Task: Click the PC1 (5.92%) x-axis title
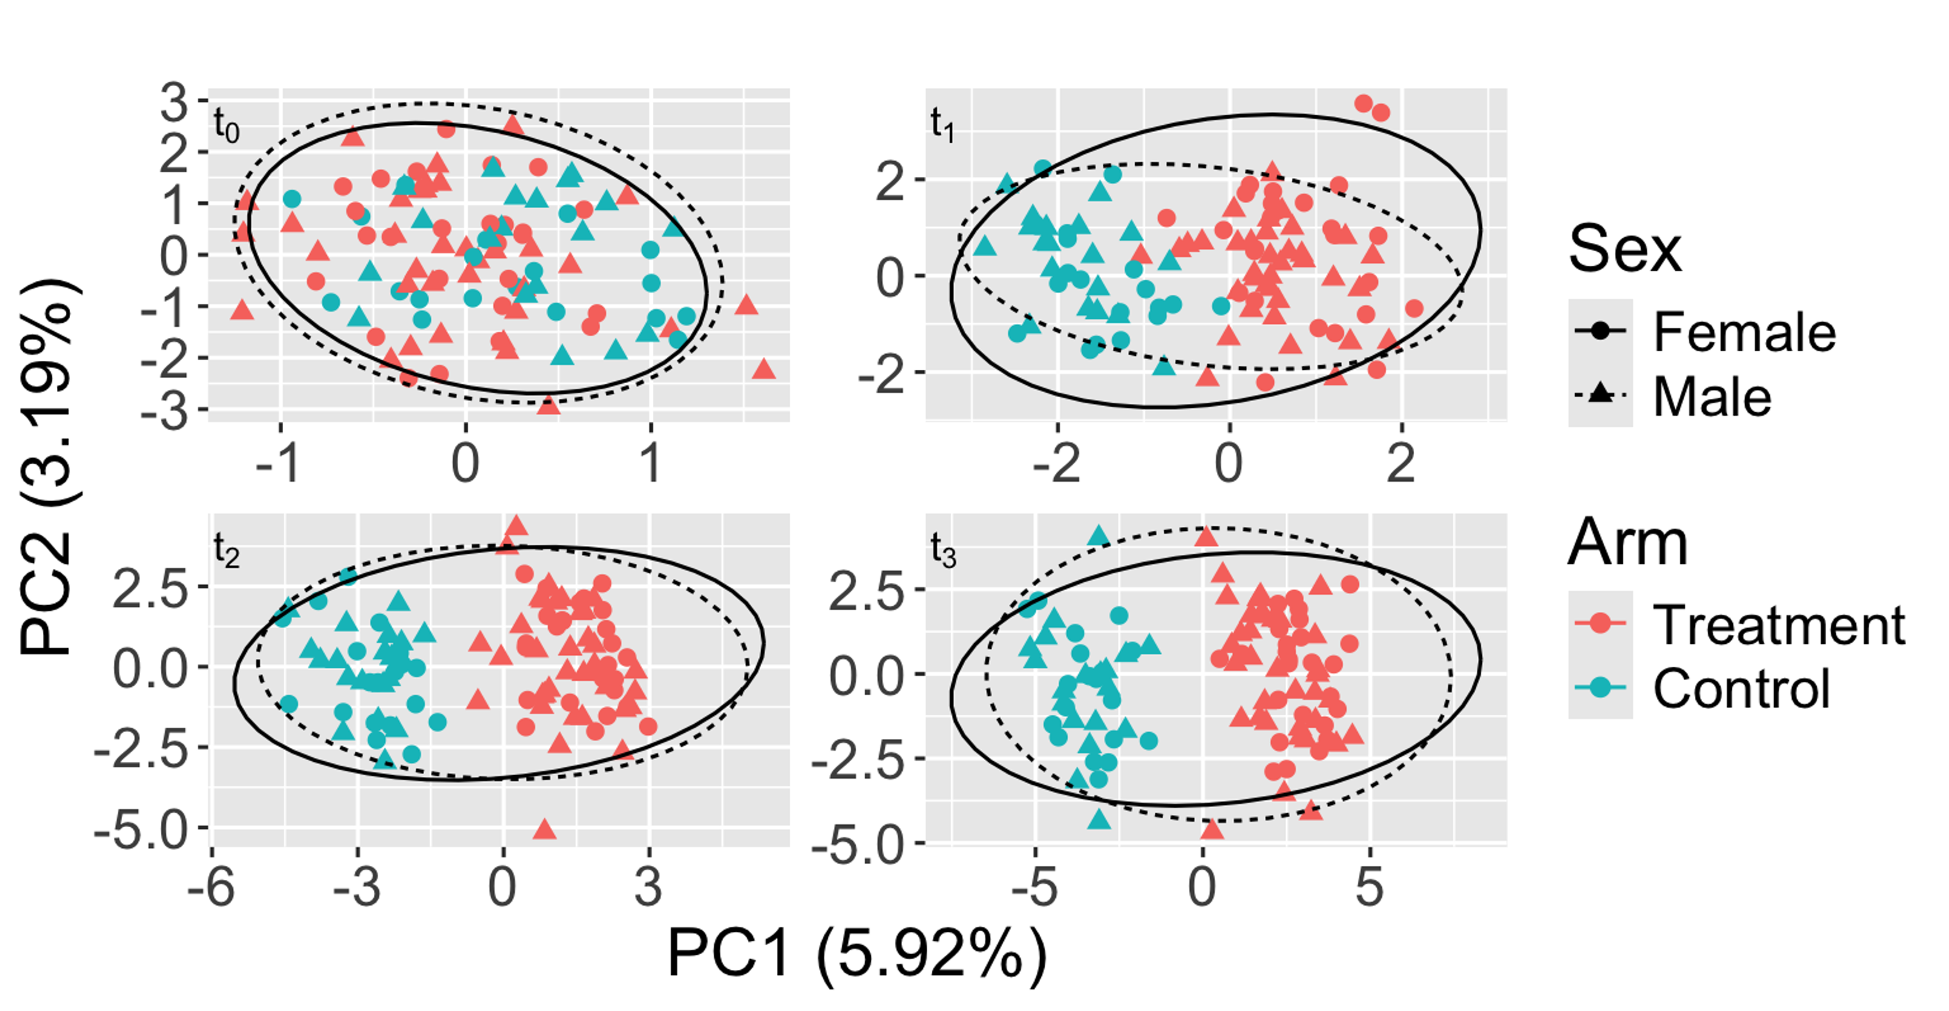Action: (x=856, y=955)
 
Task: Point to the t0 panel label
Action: (x=226, y=126)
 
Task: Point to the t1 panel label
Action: (x=942, y=124)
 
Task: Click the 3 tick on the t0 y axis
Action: (x=173, y=102)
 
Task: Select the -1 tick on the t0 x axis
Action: (x=278, y=462)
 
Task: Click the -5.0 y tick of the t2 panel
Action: (x=141, y=830)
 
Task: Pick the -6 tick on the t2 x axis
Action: (x=211, y=887)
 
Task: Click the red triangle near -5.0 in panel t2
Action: (x=545, y=830)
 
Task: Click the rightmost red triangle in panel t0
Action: (x=763, y=369)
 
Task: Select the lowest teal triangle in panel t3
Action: (x=1099, y=819)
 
